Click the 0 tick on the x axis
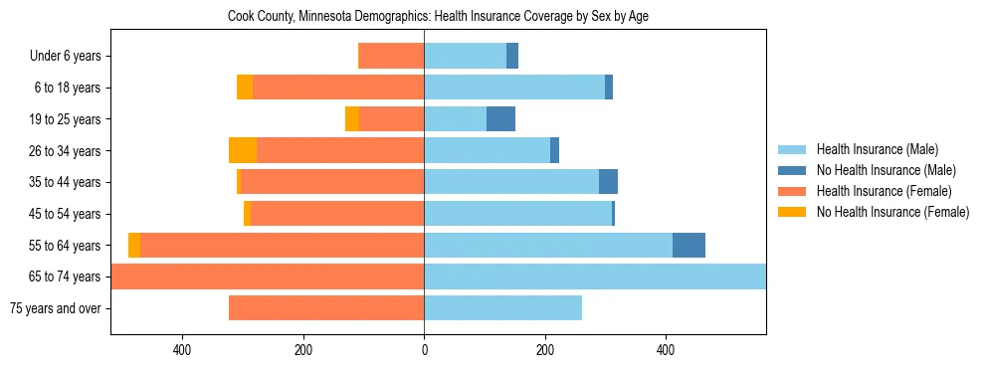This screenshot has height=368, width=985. [424, 350]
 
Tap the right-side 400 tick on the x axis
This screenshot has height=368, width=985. [666, 350]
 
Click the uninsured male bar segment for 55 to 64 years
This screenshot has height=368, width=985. [689, 246]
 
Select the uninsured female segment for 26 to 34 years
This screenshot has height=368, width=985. [243, 151]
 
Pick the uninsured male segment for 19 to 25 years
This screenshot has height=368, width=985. [500, 119]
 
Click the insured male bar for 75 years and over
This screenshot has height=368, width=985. [502, 308]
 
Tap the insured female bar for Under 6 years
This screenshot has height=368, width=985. [391, 57]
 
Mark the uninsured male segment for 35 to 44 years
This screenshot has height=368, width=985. [608, 182]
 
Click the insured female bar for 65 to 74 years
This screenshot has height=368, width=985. [269, 276]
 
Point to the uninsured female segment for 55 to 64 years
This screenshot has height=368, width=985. [134, 246]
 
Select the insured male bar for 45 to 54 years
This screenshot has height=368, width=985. [517, 214]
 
